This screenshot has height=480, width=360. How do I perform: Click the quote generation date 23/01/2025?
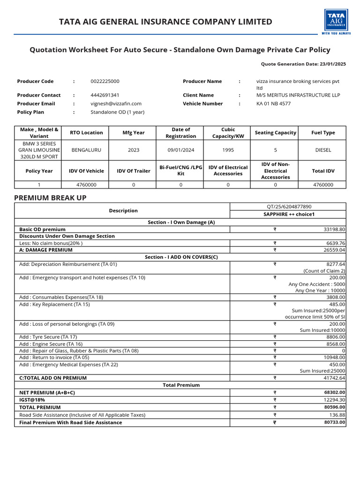(333, 64)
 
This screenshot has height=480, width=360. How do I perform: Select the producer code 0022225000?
(105, 82)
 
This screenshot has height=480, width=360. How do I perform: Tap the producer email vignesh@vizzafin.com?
(116, 104)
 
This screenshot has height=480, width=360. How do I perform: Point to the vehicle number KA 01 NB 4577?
(273, 104)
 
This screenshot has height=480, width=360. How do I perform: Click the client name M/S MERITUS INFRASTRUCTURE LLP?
(298, 95)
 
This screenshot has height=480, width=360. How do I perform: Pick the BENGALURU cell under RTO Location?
(86, 150)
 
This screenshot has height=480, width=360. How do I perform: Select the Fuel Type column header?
(323, 133)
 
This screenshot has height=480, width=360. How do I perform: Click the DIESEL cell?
(323, 150)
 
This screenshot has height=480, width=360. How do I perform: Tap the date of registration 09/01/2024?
(180, 150)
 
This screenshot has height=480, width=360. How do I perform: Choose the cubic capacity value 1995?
(228, 150)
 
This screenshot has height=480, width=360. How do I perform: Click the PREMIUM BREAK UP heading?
(50, 198)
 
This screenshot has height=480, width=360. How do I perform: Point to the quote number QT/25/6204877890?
(288, 207)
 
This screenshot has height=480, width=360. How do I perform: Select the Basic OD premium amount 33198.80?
(334, 230)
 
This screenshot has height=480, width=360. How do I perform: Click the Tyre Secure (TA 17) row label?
(48, 337)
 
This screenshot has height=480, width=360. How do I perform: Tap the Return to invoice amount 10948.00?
(334, 358)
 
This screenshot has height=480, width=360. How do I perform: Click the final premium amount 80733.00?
(334, 422)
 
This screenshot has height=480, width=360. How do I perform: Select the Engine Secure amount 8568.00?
(336, 344)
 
